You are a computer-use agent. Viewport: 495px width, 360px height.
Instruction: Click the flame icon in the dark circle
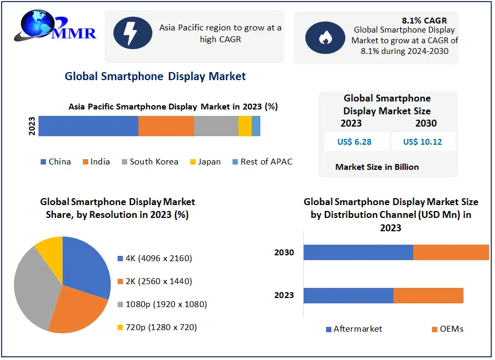click(x=324, y=38)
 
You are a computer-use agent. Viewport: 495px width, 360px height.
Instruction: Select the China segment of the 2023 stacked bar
click(x=88, y=126)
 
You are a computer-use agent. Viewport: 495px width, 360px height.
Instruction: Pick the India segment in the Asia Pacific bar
click(x=166, y=126)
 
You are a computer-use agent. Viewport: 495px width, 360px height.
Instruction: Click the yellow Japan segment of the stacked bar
click(x=245, y=126)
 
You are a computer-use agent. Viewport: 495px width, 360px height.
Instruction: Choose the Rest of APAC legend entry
click(x=262, y=162)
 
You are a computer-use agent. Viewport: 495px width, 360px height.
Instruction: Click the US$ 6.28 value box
click(x=354, y=142)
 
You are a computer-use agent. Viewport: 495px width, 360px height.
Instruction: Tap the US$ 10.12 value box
click(x=422, y=142)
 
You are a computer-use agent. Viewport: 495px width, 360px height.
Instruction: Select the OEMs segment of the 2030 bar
click(x=451, y=252)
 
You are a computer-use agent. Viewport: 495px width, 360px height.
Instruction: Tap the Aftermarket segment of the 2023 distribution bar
click(x=348, y=295)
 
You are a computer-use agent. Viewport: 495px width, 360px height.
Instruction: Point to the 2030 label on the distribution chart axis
click(x=284, y=252)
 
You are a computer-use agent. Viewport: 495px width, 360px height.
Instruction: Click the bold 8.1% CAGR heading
click(x=424, y=21)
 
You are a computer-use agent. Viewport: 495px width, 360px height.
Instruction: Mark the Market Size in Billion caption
click(x=377, y=167)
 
